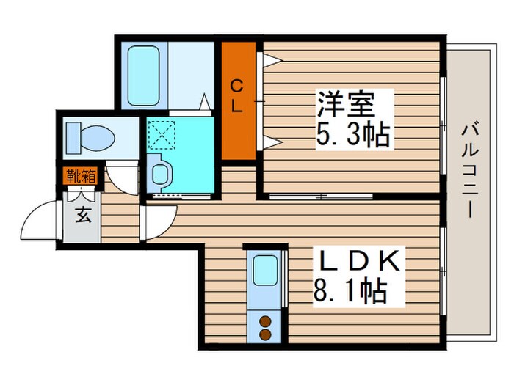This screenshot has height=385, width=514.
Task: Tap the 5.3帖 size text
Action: pyautogui.click(x=353, y=135)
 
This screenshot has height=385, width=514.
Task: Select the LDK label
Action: pyautogui.click(x=359, y=263)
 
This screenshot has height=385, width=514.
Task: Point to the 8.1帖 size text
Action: pyautogui.click(x=352, y=293)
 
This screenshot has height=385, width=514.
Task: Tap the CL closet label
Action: pyautogui.click(x=236, y=95)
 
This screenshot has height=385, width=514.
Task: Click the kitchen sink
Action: pyautogui.click(x=264, y=272)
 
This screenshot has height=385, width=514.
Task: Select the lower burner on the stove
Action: pyautogui.click(x=265, y=334)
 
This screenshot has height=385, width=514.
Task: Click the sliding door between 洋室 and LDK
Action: pyautogui.click(x=320, y=197)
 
